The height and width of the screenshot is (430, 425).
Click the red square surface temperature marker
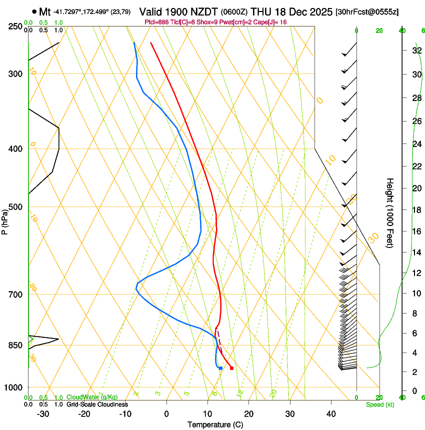point(231,368)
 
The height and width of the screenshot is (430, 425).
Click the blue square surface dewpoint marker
point(220,368)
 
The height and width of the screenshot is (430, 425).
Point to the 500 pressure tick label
point(15,207)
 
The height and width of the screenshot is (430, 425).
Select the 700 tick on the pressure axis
point(15,294)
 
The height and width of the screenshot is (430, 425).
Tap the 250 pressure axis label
point(15,26)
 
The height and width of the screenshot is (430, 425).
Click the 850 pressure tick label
point(15,345)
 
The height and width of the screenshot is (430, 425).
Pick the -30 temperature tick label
point(43,413)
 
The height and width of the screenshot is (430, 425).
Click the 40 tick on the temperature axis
point(331,413)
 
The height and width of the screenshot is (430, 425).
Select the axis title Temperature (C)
point(215,424)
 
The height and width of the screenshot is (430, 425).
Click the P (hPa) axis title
point(4,220)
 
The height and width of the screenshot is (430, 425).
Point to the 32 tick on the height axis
point(416,50)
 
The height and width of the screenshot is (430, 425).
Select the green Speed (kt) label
point(379,404)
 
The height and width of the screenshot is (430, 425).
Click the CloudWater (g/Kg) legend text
point(92,397)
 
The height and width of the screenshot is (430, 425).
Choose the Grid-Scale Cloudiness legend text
point(97,404)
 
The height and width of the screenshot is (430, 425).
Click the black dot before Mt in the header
point(34,11)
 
